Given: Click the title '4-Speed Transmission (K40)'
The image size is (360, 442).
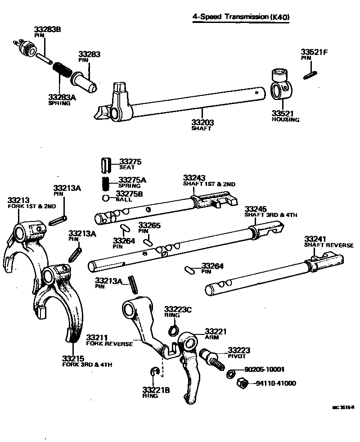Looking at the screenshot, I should click(240, 17).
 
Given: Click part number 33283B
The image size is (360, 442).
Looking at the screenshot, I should click(47, 30).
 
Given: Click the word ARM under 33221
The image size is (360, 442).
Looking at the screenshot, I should click(211, 338).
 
